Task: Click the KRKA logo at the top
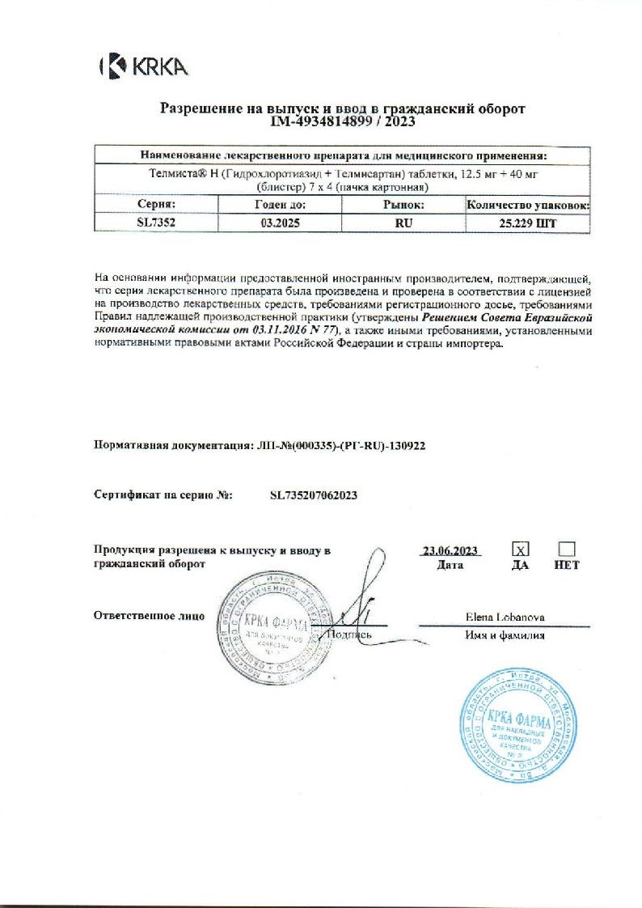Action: tap(144, 66)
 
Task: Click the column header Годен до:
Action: tap(280, 206)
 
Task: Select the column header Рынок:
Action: tap(403, 206)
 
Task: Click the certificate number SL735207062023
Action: tap(314, 494)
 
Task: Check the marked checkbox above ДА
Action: tap(521, 549)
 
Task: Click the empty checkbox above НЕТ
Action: tap(567, 549)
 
